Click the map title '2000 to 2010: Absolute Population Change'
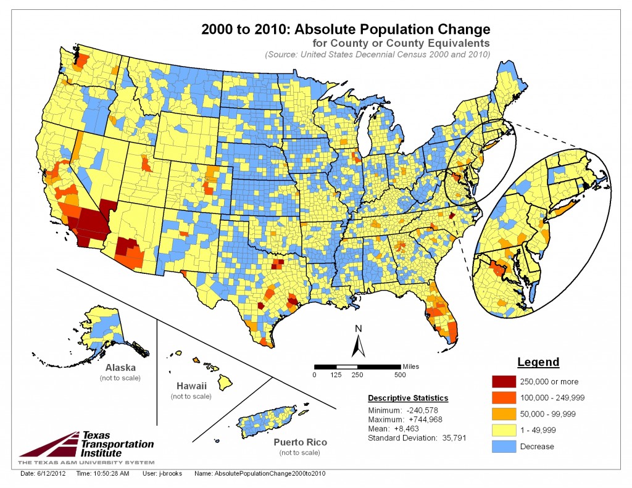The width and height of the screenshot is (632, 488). click(x=346, y=29)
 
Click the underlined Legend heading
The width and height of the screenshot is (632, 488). click(x=538, y=362)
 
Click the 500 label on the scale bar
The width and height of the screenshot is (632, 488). click(x=401, y=374)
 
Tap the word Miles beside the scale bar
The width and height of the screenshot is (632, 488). click(x=410, y=366)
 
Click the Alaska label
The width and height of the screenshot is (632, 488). click(x=120, y=368)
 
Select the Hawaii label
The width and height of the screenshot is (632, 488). click(x=191, y=386)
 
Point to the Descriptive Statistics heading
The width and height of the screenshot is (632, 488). click(x=408, y=398)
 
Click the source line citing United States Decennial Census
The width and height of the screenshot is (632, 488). click(x=377, y=54)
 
